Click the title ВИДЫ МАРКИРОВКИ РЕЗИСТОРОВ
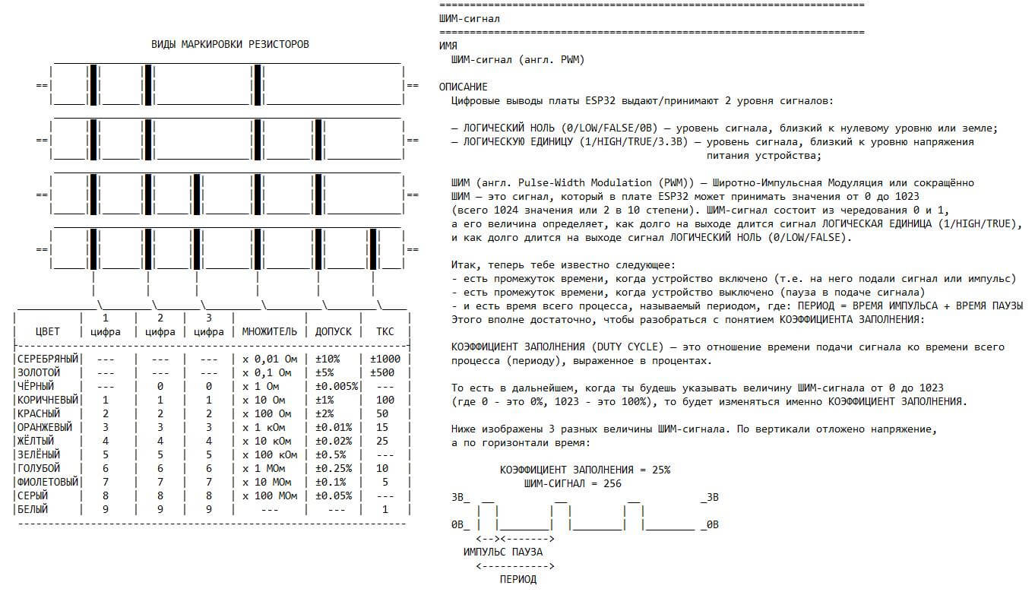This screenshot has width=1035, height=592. [230, 44]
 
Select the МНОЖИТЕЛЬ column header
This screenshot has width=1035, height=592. [269, 331]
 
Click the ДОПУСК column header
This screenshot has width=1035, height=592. [334, 331]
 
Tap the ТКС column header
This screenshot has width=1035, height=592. [385, 331]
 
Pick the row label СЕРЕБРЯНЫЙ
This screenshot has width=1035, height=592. [48, 359]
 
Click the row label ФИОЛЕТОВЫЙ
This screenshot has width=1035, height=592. [48, 482]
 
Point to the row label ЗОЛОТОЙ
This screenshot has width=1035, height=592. [39, 372]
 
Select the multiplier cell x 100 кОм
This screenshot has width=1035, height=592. [270, 454]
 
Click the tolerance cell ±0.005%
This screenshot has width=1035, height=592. [337, 386]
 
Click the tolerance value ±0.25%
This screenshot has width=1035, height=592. [334, 468]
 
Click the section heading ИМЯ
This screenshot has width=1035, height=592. [448, 46]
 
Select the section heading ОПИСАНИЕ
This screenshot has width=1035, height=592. [464, 87]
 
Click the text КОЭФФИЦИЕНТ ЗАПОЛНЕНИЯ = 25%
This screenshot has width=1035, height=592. [585, 470]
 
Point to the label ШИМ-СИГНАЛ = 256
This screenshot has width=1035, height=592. [573, 483]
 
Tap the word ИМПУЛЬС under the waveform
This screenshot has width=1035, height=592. [485, 552]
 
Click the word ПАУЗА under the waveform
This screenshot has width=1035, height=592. [527, 552]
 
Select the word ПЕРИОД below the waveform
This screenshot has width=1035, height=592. [517, 579]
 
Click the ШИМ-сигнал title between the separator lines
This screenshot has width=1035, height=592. [470, 18]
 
